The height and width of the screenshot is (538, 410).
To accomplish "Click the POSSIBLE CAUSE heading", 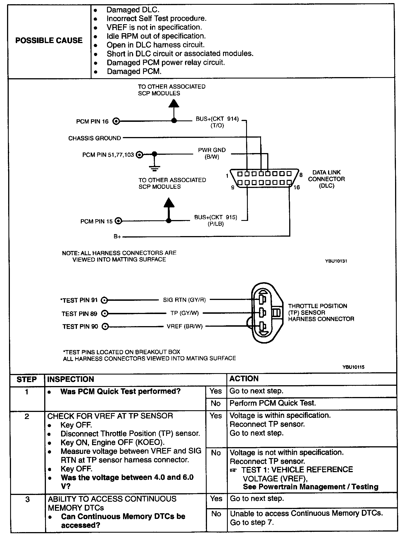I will (x=49, y=41).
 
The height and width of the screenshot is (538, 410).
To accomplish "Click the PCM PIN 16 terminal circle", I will (x=116, y=121).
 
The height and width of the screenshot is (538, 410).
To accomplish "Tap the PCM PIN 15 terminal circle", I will (x=119, y=221).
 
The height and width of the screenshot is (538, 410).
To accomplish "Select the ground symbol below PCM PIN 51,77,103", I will (x=154, y=168).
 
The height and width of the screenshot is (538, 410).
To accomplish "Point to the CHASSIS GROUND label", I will (x=94, y=138).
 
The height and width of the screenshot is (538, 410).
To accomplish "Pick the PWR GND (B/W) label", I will (x=212, y=153).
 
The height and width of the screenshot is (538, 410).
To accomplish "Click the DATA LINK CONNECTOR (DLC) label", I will (x=326, y=179).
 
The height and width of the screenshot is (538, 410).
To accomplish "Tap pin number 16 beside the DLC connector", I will (x=297, y=187).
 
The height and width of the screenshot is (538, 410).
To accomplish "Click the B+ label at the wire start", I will (x=117, y=237).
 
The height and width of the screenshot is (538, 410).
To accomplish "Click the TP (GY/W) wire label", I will (x=184, y=313).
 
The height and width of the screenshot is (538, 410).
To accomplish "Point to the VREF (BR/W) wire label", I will (x=184, y=326).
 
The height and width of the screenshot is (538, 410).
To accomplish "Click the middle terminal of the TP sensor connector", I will (x=262, y=312).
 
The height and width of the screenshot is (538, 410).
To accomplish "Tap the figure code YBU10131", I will (x=336, y=261).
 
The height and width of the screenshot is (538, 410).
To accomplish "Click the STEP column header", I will (x=26, y=379).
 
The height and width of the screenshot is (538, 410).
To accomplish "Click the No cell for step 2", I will (x=216, y=453).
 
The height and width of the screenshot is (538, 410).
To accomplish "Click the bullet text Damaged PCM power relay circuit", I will (x=166, y=62).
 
